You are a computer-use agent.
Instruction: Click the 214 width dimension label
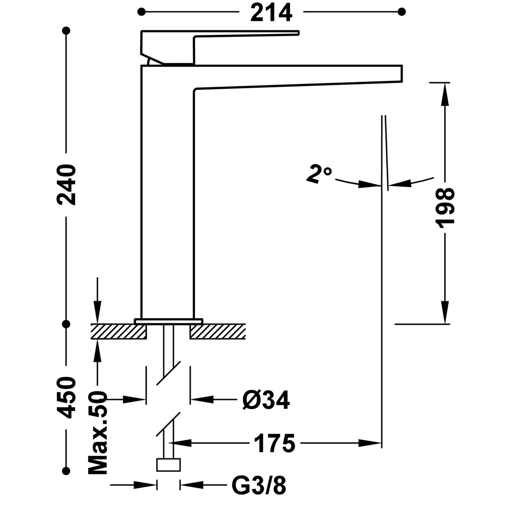click(271, 12)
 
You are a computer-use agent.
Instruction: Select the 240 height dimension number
click(67, 185)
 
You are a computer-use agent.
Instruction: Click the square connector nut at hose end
click(169, 465)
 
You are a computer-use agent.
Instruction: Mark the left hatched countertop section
click(119, 331)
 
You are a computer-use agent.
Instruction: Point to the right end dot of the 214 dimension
click(402, 11)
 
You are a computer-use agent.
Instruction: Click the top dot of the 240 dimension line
click(66, 30)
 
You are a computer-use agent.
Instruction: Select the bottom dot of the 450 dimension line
click(66, 471)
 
